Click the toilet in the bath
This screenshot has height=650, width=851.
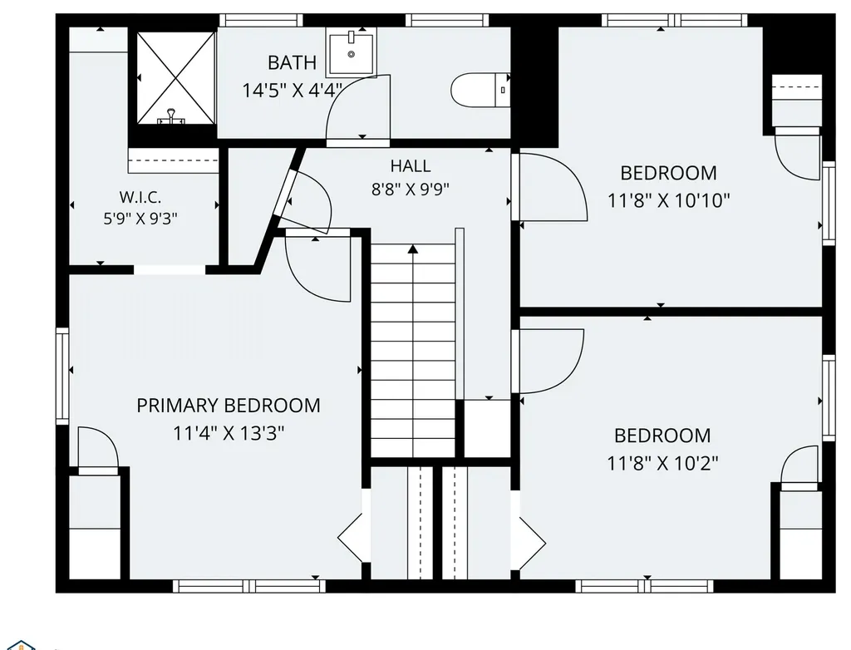(x=480, y=90)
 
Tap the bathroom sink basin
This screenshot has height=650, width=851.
(x=352, y=53)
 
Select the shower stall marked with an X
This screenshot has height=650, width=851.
(x=176, y=77)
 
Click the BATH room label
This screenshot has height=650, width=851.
(x=292, y=62)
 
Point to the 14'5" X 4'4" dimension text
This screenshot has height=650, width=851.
(x=292, y=90)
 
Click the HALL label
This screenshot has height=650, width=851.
(x=411, y=165)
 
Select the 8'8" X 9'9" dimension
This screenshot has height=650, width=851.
(x=411, y=190)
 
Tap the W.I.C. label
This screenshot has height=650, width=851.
(x=140, y=196)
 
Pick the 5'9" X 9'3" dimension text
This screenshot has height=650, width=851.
(x=140, y=219)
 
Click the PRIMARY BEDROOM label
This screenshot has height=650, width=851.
(x=229, y=405)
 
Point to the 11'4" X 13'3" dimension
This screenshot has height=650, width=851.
(x=229, y=433)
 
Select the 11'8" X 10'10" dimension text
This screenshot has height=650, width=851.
(x=669, y=201)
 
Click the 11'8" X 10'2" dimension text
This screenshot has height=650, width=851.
(x=662, y=464)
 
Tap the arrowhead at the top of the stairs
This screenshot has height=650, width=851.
(x=413, y=249)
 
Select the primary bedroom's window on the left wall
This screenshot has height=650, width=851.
(x=63, y=376)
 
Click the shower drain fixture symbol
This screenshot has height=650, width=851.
(x=171, y=116)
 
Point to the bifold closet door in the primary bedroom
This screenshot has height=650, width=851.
(x=351, y=538)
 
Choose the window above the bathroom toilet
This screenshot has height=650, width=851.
(x=447, y=20)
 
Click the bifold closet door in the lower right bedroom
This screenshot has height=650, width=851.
(x=533, y=542)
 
